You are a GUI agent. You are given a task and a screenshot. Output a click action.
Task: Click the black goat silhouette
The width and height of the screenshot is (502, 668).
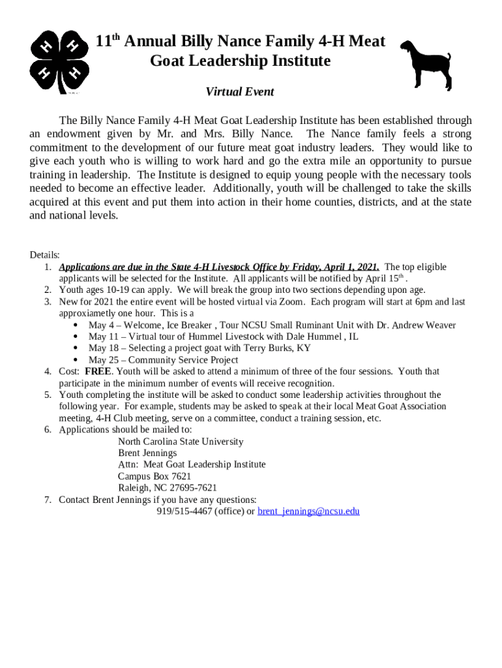click(x=424, y=63)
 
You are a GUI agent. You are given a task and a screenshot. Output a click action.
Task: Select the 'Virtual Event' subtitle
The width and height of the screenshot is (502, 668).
click(x=240, y=92)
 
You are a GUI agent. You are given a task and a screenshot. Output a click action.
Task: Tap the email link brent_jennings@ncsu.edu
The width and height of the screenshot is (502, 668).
click(x=308, y=511)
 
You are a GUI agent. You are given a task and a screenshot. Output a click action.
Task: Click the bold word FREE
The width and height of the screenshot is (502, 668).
click(x=98, y=371)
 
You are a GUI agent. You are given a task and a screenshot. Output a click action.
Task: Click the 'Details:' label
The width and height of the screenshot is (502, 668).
click(x=45, y=255)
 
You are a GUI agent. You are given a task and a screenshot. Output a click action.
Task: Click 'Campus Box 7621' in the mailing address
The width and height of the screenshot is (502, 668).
click(x=155, y=476)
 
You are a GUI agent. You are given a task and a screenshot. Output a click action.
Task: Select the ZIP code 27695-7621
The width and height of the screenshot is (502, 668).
click(x=194, y=488)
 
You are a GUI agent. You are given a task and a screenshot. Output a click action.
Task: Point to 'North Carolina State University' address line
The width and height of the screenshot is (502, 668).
click(x=181, y=442)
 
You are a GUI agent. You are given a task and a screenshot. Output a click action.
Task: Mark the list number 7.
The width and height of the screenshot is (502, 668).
click(x=48, y=500)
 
